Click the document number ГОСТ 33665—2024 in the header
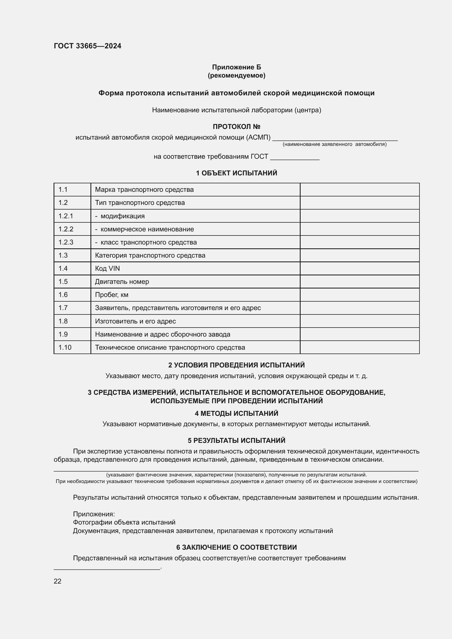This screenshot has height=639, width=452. (87, 46)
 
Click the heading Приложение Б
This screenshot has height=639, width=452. (236, 67)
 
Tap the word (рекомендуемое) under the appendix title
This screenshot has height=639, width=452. (236, 75)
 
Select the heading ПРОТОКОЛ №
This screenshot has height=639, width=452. (236, 127)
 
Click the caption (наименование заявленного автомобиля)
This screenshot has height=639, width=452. (334, 145)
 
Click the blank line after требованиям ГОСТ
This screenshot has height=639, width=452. (295, 157)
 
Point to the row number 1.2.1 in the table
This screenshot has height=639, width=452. (66, 216)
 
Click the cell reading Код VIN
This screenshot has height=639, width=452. (107, 268)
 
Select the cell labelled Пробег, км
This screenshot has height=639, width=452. (111, 295)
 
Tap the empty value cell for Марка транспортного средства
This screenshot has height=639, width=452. (359, 190)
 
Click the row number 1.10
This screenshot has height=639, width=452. (65, 347)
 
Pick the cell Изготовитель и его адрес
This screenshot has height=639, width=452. (135, 321)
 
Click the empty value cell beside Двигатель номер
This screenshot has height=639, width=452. (359, 282)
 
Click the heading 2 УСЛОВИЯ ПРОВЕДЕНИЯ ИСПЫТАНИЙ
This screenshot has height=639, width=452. (236, 365)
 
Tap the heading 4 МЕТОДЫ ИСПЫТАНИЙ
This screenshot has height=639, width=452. (236, 413)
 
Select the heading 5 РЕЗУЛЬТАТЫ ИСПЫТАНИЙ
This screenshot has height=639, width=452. (236, 440)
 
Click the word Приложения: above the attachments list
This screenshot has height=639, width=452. (94, 514)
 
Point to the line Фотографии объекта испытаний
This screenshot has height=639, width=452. (124, 522)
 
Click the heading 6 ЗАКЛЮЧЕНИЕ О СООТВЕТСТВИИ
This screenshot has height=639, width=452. (236, 547)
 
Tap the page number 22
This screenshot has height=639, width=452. (58, 581)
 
